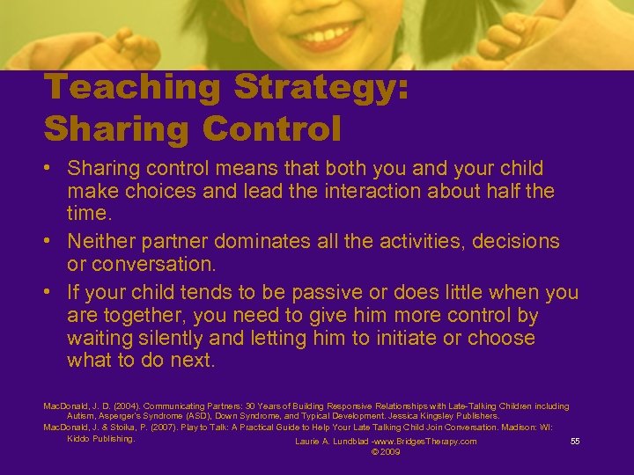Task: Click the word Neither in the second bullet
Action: [102, 240]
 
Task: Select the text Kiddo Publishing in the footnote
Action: [100, 438]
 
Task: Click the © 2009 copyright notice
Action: [386, 452]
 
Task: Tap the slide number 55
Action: [575, 442]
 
